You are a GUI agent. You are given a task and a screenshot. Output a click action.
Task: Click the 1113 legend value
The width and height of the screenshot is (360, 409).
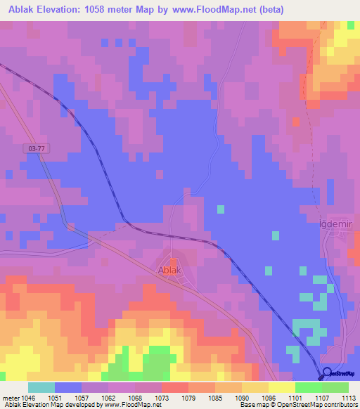[x=349, y=397]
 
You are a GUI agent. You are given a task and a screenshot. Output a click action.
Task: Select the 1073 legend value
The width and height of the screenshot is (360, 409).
[x=161, y=397]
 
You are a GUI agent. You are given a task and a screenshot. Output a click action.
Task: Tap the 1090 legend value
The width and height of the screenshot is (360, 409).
[x=241, y=397]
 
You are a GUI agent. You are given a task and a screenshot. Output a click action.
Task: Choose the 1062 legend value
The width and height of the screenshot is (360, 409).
[x=108, y=397]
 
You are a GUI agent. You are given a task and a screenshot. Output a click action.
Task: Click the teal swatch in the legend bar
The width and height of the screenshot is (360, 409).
[x=41, y=387]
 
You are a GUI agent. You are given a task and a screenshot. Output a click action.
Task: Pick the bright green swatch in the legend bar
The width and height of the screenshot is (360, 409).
[x=308, y=387]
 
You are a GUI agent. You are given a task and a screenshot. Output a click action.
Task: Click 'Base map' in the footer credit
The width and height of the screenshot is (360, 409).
[x=255, y=405]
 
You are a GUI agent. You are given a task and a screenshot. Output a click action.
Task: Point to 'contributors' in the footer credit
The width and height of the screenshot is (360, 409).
[x=340, y=405]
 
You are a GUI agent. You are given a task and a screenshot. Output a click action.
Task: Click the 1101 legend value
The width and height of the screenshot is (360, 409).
[x=295, y=397]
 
